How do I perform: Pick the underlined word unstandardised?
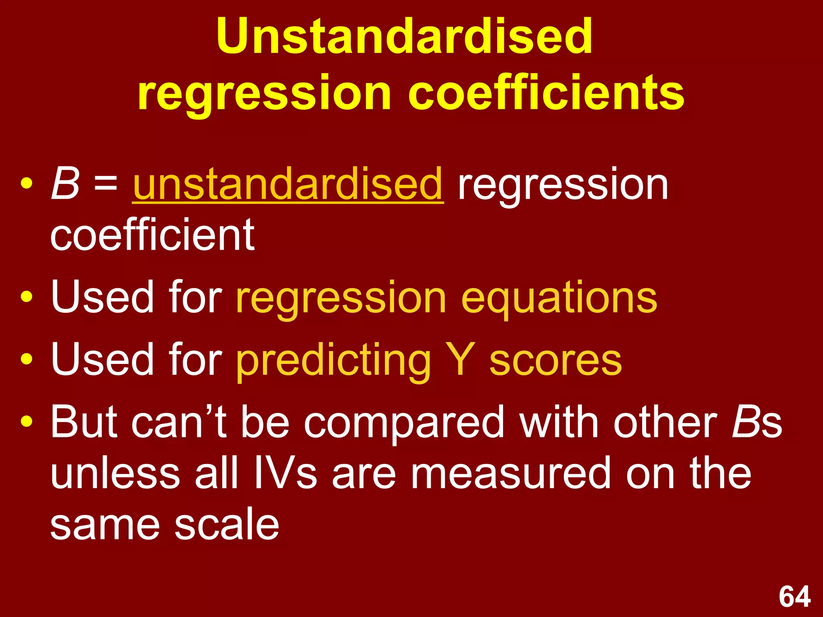coord(288,184)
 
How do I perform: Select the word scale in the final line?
coord(227,525)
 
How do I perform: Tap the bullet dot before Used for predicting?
coord(27,359)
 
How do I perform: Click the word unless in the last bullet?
coord(115,474)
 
